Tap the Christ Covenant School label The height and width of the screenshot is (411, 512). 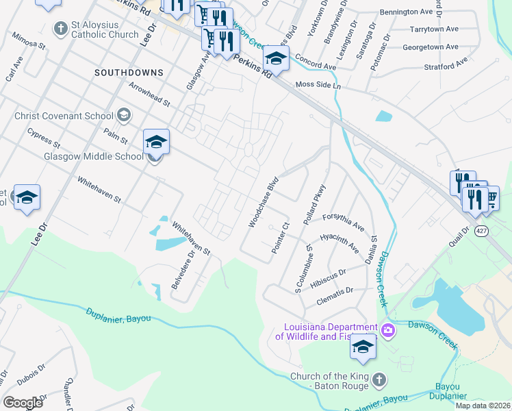(x=65, y=116)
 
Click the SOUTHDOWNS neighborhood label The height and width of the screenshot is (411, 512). (x=129, y=72)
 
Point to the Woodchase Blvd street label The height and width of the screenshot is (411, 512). (x=264, y=203)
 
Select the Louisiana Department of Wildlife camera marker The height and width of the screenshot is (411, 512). (x=388, y=331)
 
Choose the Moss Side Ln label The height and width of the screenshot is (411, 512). (x=318, y=84)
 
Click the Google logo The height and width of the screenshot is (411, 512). (x=23, y=402)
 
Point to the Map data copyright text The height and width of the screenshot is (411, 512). (x=483, y=406)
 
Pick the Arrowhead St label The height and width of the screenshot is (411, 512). (x=149, y=95)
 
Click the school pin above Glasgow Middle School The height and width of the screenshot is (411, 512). (x=156, y=142)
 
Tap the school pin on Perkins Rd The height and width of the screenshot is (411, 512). (x=276, y=59)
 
